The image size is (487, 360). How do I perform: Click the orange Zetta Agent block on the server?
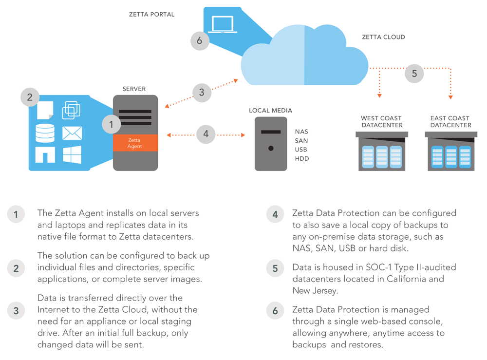(135, 143)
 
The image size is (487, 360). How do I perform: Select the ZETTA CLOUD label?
(383, 37)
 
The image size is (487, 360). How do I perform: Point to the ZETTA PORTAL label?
(151, 15)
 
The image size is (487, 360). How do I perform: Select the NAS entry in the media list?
(301, 132)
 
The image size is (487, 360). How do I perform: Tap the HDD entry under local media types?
(301, 159)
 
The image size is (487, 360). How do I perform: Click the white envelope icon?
(72, 133)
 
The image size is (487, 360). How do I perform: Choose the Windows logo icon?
(72, 154)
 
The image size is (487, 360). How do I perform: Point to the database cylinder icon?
(45, 133)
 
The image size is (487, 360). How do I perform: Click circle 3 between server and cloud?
(202, 93)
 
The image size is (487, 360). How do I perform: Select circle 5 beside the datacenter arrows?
(414, 74)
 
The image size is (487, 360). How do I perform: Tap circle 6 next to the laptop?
(199, 40)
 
